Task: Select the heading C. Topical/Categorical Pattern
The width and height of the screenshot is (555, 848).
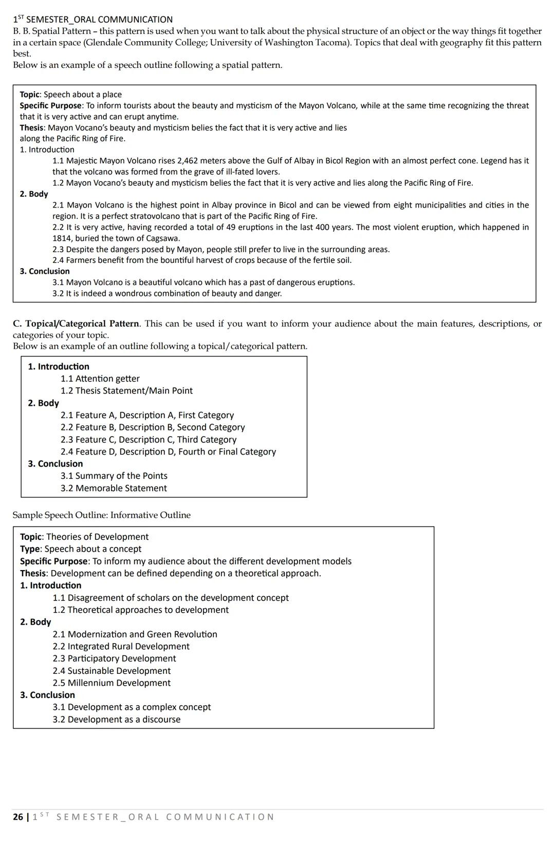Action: [x=76, y=324]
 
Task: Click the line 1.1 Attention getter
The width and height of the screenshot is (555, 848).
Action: [x=100, y=379]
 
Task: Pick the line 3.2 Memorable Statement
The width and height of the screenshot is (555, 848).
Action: [x=114, y=488]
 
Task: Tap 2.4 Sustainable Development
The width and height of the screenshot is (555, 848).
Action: [x=112, y=671]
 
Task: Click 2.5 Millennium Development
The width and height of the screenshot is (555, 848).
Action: [x=112, y=683]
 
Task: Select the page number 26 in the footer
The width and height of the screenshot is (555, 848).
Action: [x=18, y=817]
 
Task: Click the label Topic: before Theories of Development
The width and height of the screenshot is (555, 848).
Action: [x=31, y=537]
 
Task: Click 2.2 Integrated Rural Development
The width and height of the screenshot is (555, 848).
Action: [x=121, y=647]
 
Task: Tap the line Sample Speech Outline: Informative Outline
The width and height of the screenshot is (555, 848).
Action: [x=101, y=515]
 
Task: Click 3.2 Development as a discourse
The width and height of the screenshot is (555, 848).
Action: [x=116, y=720]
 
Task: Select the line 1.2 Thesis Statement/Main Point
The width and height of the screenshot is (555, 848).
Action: [x=126, y=391]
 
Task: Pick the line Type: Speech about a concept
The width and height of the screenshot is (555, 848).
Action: [x=81, y=549]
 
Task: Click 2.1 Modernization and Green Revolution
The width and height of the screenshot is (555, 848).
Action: [x=135, y=634]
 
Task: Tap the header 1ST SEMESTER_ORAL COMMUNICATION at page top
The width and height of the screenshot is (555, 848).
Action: [x=92, y=20]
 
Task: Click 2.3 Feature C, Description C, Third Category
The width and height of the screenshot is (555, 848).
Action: [x=149, y=440]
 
